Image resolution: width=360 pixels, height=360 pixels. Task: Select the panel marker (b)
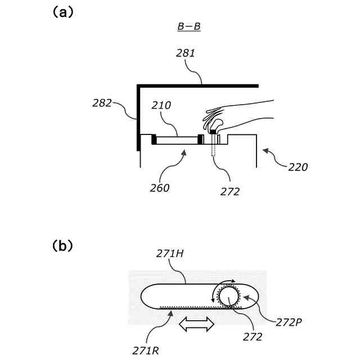point(62,246)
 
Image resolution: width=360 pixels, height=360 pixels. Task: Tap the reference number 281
point(186,53)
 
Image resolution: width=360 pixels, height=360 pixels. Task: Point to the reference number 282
point(102,103)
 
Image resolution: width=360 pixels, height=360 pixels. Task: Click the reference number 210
point(161,105)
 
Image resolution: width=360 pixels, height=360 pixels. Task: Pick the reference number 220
point(298,166)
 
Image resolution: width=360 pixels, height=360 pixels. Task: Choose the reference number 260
point(160,188)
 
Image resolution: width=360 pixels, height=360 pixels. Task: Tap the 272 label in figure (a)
point(230,191)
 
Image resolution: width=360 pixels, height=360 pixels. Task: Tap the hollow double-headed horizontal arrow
point(196,325)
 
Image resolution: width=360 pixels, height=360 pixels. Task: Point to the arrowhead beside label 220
point(265,151)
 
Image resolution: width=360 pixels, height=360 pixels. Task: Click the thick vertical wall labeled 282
point(138,118)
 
